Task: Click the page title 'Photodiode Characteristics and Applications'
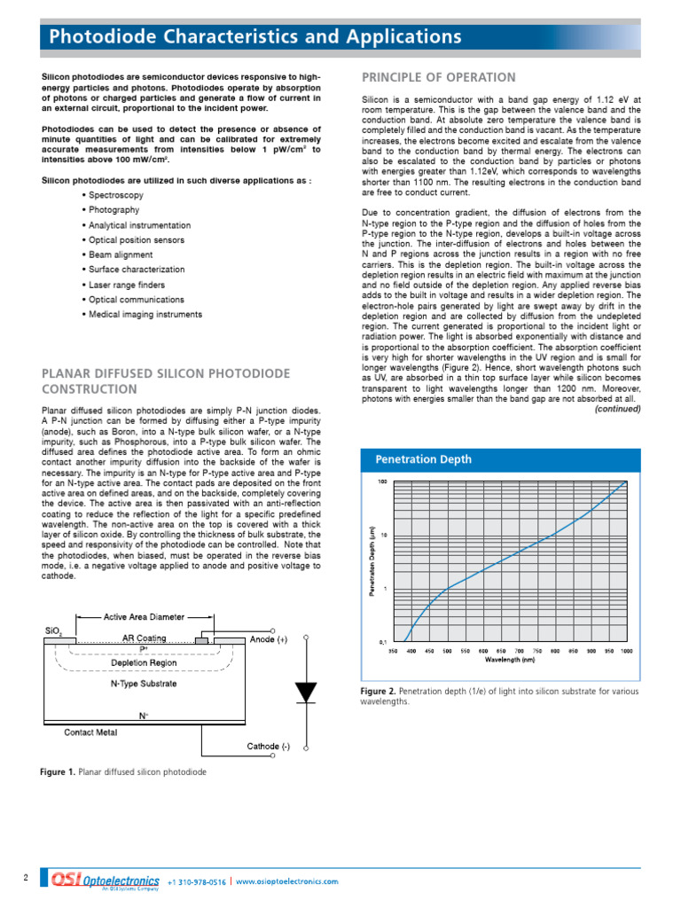point(255,37)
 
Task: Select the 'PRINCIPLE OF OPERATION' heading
point(438,77)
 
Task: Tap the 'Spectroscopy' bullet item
point(115,194)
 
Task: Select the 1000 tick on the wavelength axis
point(626,651)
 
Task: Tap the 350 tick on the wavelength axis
point(393,651)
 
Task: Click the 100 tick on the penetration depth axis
point(382,482)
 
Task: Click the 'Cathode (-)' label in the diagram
point(268,746)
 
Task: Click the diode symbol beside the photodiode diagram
point(306,692)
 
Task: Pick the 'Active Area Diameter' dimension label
point(144,616)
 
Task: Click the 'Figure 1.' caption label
point(58,771)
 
